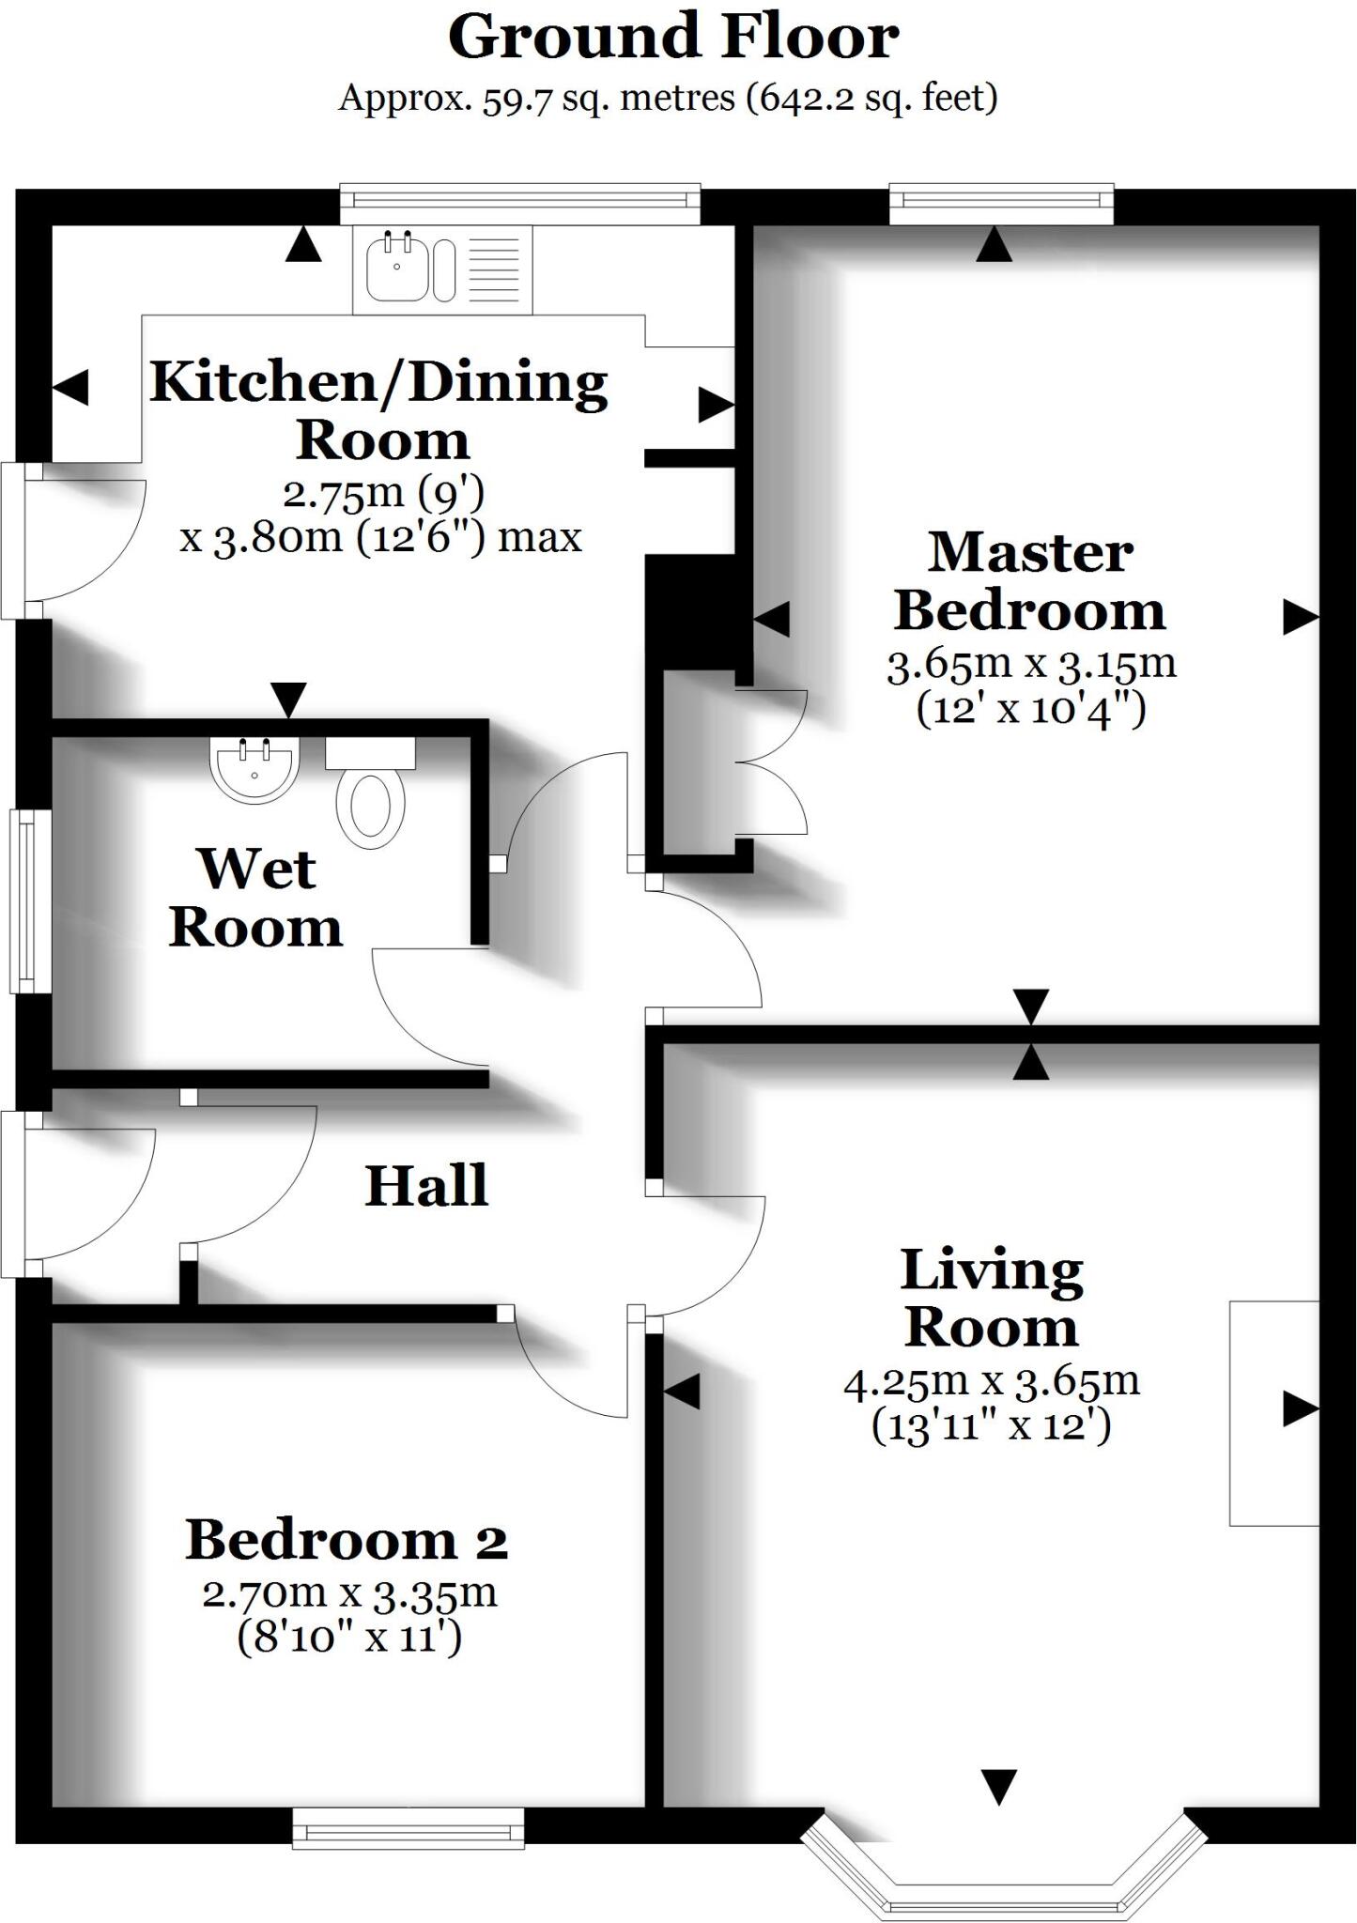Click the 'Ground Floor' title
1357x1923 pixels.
(673, 38)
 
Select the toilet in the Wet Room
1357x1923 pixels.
(372, 792)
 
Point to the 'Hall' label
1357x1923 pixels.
(426, 1185)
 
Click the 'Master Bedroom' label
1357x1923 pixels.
(1030, 581)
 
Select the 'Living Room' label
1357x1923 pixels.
(992, 1299)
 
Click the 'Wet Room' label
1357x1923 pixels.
(255, 898)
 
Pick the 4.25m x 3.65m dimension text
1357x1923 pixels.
(992, 1382)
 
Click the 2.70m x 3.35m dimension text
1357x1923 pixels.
(349, 1593)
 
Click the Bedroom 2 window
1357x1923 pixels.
(409, 1828)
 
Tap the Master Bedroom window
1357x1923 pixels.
(1001, 204)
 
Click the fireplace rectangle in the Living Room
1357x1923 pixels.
(1274, 1413)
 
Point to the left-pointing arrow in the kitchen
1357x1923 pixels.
(70, 387)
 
